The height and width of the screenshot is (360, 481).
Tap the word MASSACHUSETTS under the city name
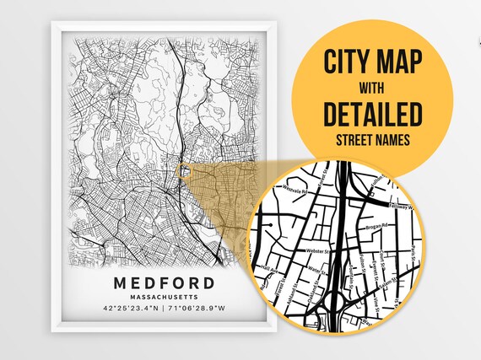click(165, 298)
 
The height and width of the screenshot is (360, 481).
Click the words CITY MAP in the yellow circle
click(372, 62)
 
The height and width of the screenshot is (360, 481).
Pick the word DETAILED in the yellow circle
click(372, 113)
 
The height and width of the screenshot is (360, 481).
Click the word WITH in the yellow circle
click(372, 87)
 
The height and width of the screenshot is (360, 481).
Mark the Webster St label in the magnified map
click(317, 250)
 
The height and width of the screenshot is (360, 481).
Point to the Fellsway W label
click(406, 206)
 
